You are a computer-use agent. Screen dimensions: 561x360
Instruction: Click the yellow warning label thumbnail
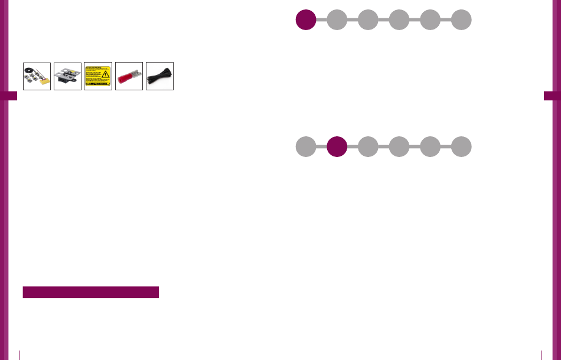tap(98, 76)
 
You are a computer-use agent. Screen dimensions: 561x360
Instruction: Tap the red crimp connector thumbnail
tap(129, 76)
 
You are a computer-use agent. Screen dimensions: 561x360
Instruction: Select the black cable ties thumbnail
tap(159, 76)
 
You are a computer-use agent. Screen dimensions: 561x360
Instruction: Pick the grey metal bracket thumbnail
tap(67, 76)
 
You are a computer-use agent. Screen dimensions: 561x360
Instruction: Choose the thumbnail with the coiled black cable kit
tap(37, 76)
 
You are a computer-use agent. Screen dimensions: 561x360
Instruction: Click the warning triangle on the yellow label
tap(106, 74)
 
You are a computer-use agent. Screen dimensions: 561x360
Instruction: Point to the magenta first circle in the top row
tap(306, 19)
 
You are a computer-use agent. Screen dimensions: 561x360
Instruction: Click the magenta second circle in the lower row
tap(337, 147)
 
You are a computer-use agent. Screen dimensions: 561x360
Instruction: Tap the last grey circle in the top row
tap(461, 19)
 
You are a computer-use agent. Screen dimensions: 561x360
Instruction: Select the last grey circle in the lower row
tap(461, 147)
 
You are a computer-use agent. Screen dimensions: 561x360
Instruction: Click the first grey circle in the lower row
tap(306, 147)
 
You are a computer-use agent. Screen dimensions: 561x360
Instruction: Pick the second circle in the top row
tap(337, 19)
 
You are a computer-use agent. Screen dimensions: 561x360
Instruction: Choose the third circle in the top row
tap(368, 19)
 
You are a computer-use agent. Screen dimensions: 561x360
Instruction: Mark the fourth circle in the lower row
tap(399, 147)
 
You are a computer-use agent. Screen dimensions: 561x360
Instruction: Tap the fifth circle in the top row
tap(430, 19)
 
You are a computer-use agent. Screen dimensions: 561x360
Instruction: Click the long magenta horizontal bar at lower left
tap(91, 292)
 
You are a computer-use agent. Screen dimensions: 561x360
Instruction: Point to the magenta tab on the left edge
tap(8, 96)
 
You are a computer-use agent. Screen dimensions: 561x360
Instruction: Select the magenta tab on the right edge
tap(552, 96)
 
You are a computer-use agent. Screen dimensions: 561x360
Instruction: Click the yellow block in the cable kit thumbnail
tap(43, 83)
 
